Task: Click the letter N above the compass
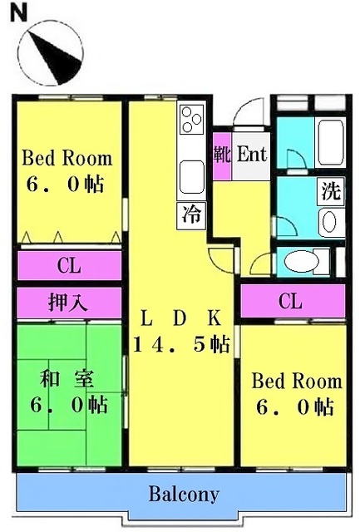click(19, 13)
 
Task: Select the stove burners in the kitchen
click(191, 118)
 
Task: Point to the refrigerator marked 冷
click(192, 215)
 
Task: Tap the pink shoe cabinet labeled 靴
click(222, 155)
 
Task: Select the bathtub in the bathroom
click(329, 142)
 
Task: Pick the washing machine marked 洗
click(331, 191)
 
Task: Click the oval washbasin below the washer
click(330, 222)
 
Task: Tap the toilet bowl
click(302, 261)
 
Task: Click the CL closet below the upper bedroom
click(69, 265)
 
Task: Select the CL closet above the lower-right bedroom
click(292, 301)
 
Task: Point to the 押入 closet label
click(68, 303)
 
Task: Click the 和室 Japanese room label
click(67, 379)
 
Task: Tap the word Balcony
click(185, 495)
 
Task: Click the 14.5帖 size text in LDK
click(182, 344)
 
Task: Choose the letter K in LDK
click(215, 318)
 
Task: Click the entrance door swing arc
click(249, 111)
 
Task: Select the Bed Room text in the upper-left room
click(67, 158)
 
